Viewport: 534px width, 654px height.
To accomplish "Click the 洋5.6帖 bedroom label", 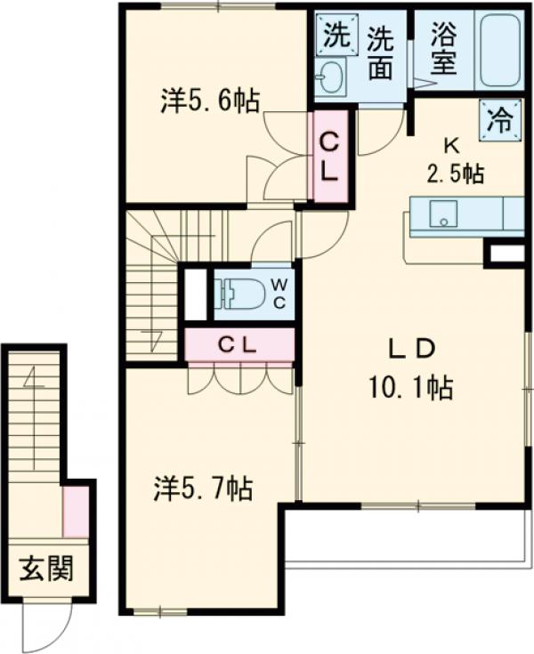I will (211, 102).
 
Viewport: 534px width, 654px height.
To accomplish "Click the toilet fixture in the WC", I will (241, 293).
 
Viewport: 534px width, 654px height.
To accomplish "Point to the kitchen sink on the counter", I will (442, 214).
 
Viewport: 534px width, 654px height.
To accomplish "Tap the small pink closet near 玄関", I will (77, 512).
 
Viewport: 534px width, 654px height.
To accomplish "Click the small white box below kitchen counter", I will (506, 254).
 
